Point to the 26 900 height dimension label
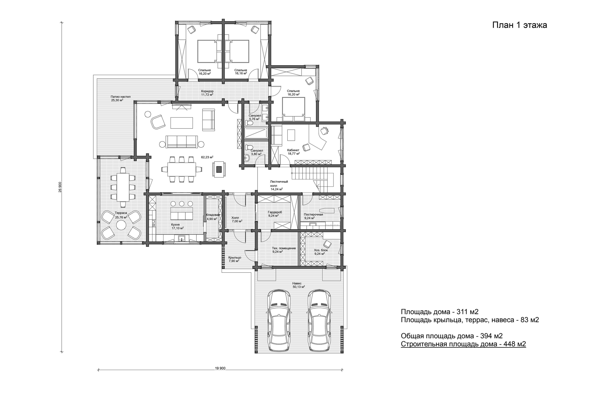60,187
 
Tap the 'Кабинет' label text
293,150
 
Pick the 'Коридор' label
207,91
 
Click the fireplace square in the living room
219,169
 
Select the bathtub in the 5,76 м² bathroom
256,133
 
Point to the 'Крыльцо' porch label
235,258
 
